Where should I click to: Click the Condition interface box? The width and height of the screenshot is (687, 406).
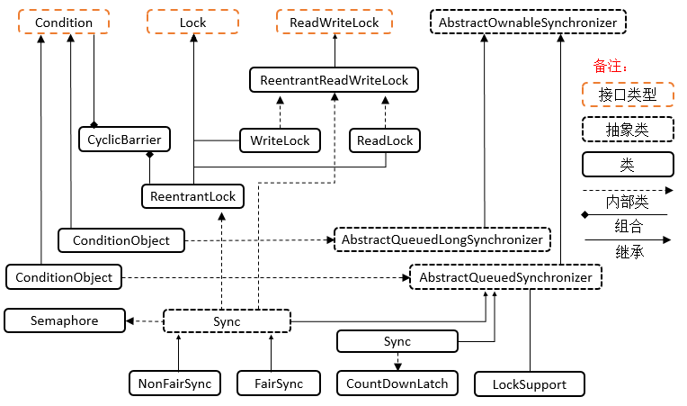click(x=63, y=22)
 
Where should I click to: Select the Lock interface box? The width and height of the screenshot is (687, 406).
click(x=193, y=22)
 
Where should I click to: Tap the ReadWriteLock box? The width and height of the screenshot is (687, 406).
click(x=333, y=22)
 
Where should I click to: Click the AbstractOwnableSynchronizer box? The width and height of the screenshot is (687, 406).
click(x=529, y=22)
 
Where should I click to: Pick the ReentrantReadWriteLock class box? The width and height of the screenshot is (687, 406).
click(x=334, y=80)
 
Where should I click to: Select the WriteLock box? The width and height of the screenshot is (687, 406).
click(x=280, y=140)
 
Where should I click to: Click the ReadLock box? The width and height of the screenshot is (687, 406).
click(x=385, y=140)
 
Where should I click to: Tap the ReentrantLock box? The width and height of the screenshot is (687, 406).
click(x=193, y=196)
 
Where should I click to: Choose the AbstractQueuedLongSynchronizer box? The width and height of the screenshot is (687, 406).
click(x=442, y=239)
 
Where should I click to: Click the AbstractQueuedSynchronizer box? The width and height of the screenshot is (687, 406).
click(x=505, y=277)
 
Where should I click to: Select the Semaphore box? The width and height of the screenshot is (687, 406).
click(x=64, y=320)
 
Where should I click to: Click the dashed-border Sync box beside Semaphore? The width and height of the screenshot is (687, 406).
click(x=227, y=320)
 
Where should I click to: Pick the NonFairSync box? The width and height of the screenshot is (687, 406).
click(x=174, y=383)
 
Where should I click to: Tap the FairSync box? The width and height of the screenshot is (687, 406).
click(x=280, y=383)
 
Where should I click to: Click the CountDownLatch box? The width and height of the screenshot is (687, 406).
click(x=397, y=383)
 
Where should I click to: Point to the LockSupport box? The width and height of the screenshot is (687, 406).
click(x=530, y=384)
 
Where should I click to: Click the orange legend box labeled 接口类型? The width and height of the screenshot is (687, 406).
click(x=627, y=94)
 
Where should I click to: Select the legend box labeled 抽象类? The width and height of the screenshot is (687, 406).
click(x=627, y=130)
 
